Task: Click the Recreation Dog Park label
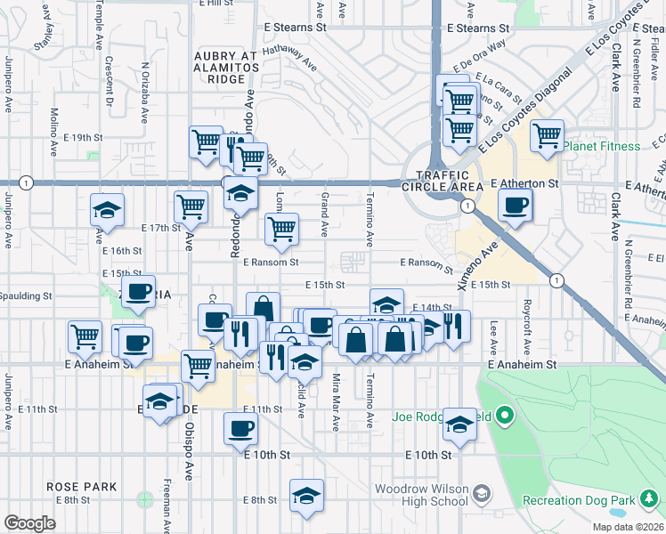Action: click(597, 501)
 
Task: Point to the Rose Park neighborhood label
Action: click(83, 488)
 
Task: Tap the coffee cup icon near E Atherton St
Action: click(516, 207)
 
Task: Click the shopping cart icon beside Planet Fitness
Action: click(547, 135)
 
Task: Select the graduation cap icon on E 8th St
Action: click(305, 496)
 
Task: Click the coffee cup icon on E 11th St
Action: click(240, 429)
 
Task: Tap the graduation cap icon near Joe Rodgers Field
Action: click(460, 425)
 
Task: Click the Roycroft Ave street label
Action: click(526, 325)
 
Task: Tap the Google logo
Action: click(29, 523)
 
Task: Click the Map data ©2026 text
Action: click(627, 527)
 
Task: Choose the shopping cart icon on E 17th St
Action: click(191, 206)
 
